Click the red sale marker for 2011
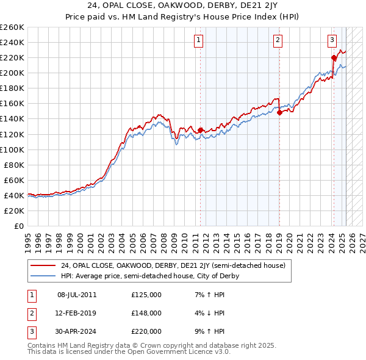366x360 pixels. point(200,130)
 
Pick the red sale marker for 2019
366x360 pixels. point(279,112)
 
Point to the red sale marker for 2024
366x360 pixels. point(334,57)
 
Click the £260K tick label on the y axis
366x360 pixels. point(12,27)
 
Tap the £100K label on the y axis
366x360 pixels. point(12,149)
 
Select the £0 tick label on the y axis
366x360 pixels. point(18,226)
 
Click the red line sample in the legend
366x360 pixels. point(43,265)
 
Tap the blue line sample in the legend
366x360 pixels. point(43,276)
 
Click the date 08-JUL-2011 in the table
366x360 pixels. point(76,295)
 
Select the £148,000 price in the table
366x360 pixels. point(146,313)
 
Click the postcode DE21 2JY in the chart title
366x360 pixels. point(232,7)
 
